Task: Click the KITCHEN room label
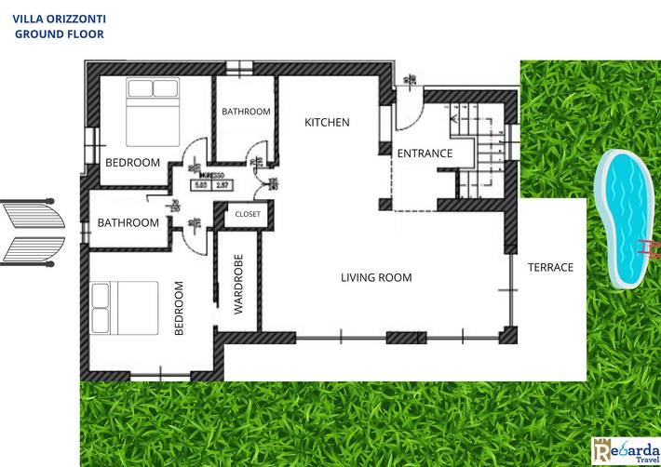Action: coord(328,123)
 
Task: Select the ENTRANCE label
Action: coord(425,153)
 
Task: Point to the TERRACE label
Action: coord(550,267)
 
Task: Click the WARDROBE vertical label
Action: coord(238,284)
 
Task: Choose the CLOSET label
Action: coord(248,214)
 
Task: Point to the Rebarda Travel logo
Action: coord(625,450)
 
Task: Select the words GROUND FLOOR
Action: coord(60,33)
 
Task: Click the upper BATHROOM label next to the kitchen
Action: coord(246,112)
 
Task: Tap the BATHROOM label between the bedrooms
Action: coord(128,223)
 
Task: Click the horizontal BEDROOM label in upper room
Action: coord(132,163)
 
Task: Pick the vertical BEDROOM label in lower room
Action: coord(180,308)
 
